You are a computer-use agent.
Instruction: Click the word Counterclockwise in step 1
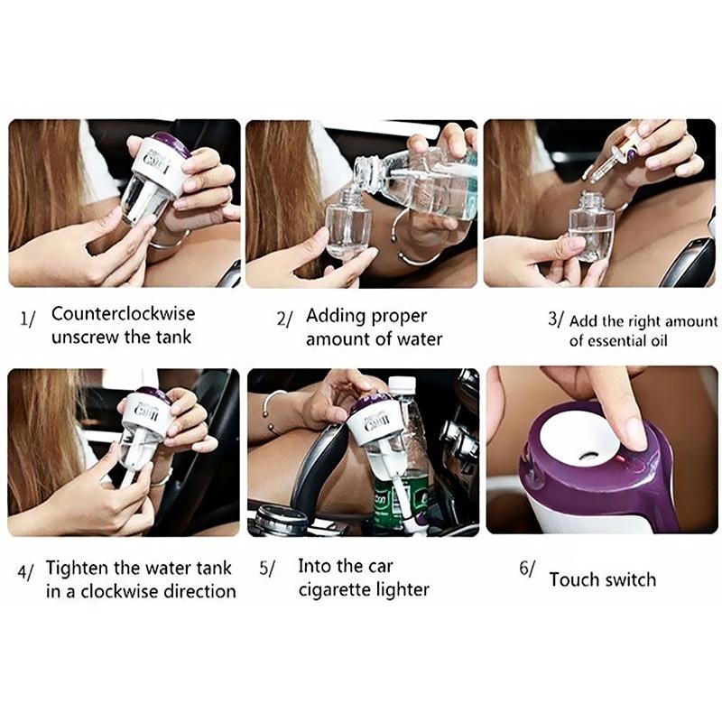pyautogui.click(x=124, y=313)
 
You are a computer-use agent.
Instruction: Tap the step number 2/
pyautogui.click(x=284, y=319)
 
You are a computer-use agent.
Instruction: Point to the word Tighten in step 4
pyautogui.click(x=78, y=569)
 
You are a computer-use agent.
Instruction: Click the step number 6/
pyautogui.click(x=527, y=569)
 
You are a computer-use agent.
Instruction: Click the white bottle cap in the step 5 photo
pyautogui.click(x=402, y=384)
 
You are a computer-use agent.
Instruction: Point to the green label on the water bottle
pyautogui.click(x=400, y=504)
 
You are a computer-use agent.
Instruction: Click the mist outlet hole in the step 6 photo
pyautogui.click(x=588, y=456)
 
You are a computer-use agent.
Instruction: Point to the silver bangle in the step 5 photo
pyautogui.click(x=273, y=412)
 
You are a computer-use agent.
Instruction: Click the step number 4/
pyautogui.click(x=26, y=572)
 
